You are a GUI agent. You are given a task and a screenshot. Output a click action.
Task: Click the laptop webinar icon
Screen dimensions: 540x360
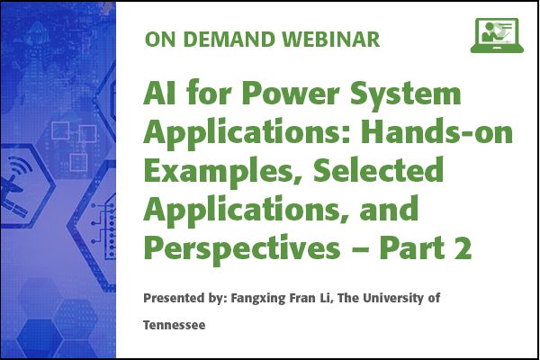(497, 35)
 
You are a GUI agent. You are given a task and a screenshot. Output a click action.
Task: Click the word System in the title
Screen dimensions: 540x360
(405, 94)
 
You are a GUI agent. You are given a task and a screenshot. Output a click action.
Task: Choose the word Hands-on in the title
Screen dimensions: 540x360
(436, 131)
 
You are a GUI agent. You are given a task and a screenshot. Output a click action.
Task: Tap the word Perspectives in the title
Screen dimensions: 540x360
(242, 248)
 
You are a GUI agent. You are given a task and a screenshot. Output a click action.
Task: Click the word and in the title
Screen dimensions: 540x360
(389, 209)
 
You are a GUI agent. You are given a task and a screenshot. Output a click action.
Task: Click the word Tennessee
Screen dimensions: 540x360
(175, 325)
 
